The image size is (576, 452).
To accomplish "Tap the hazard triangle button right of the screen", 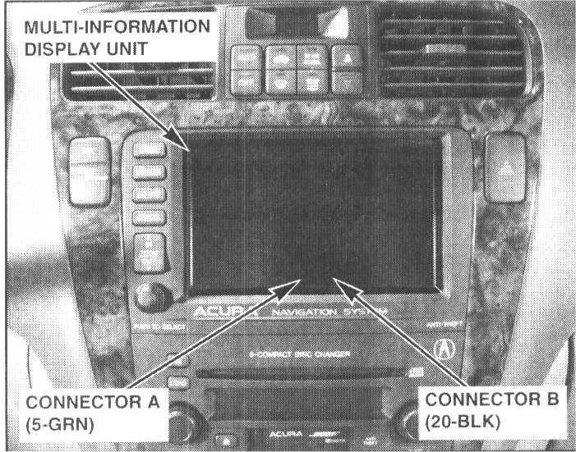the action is coord(504,169).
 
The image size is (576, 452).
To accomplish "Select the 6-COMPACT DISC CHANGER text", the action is coord(292,354).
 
